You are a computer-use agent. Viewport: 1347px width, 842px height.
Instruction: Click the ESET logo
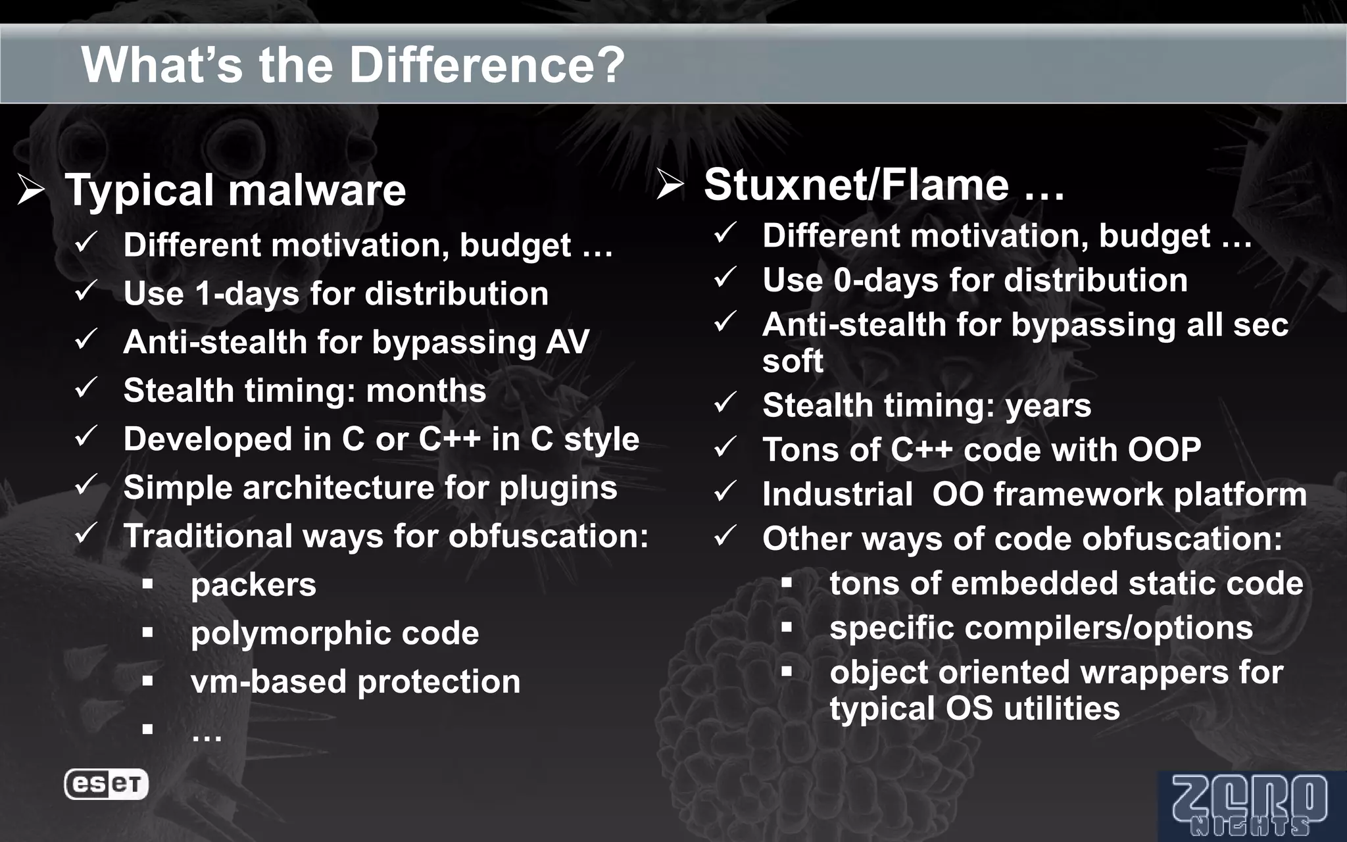pos(106,784)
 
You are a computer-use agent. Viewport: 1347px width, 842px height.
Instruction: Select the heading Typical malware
pos(235,191)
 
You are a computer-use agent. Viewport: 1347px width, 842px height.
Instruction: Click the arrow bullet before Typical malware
pos(31,191)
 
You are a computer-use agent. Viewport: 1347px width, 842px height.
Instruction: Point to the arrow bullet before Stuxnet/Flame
pos(670,185)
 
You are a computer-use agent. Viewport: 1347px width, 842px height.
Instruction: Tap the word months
pos(426,391)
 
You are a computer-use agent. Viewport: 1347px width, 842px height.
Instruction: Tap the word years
pos(1048,405)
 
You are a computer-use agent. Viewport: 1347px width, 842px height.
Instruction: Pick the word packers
pos(253,585)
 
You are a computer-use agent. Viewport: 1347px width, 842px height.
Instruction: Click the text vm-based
pos(269,681)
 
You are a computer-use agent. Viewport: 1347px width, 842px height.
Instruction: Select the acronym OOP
pos(1164,450)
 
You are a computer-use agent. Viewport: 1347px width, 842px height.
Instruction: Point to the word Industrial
pos(837,495)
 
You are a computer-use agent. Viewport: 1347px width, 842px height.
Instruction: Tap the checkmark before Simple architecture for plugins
pos(86,486)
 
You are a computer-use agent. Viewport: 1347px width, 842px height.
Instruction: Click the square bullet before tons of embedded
pos(787,583)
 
